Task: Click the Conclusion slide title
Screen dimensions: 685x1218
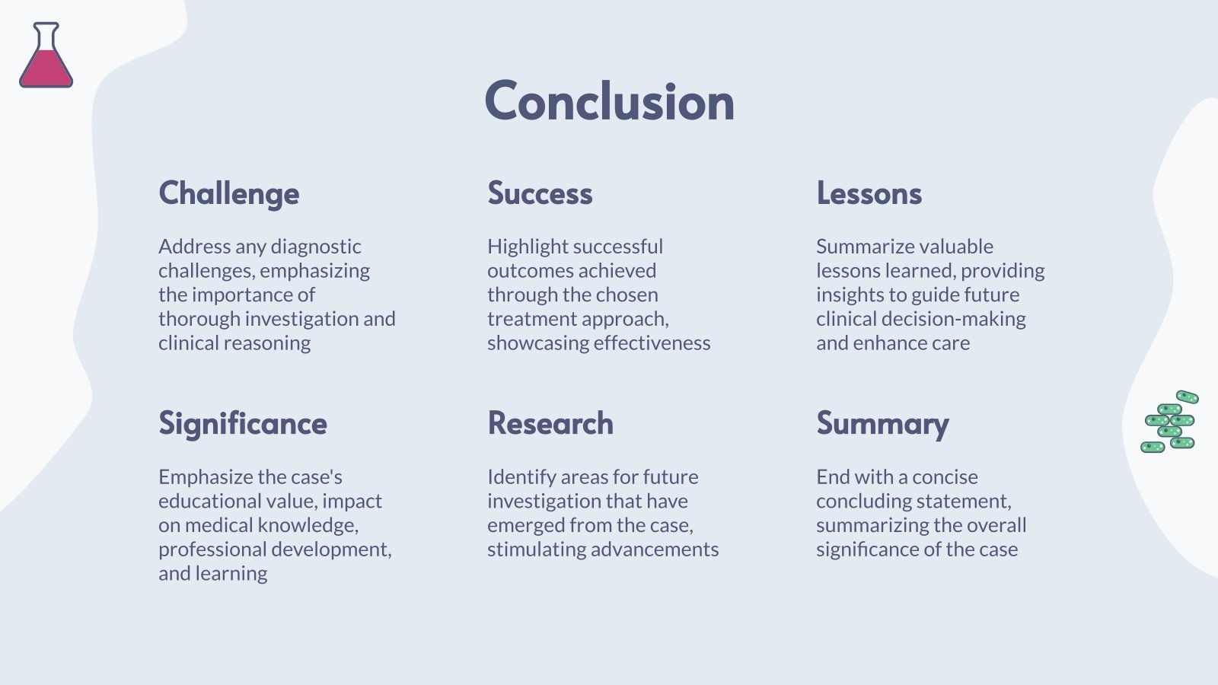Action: [609, 101]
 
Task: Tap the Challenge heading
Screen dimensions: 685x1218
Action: [228, 194]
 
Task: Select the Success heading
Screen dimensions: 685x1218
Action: [540, 193]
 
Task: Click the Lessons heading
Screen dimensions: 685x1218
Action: [869, 193]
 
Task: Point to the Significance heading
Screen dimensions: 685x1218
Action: [242, 424]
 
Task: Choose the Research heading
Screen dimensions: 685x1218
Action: [550, 423]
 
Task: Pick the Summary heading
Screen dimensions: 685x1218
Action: [882, 424]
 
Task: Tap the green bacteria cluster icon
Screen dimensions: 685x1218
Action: [1170, 422]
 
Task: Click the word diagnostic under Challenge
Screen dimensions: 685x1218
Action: [316, 247]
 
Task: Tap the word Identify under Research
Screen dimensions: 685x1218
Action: [521, 477]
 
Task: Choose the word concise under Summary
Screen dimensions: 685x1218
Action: [945, 477]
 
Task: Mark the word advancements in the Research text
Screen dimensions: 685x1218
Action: [655, 550]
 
